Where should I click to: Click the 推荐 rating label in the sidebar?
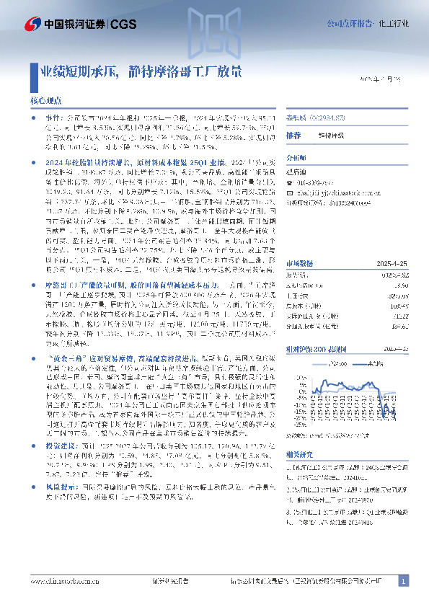[293, 135]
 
